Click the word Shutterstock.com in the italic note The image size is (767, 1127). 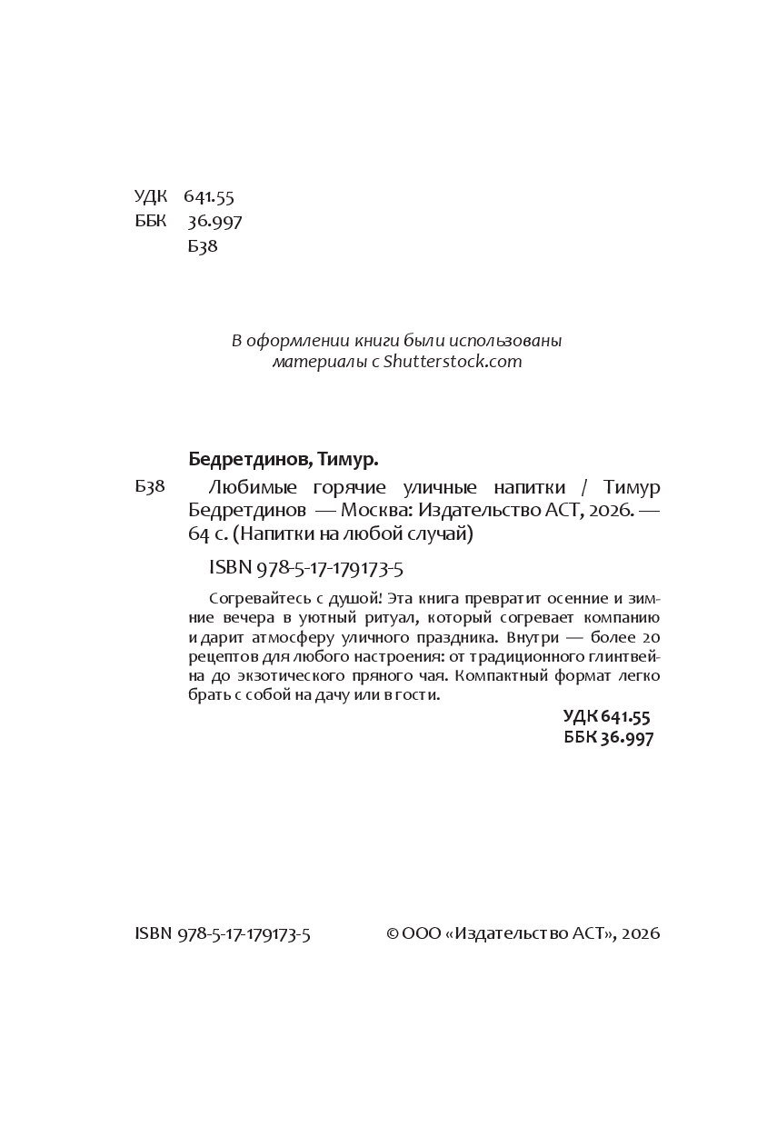[453, 362]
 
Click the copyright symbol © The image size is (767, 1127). [393, 933]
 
